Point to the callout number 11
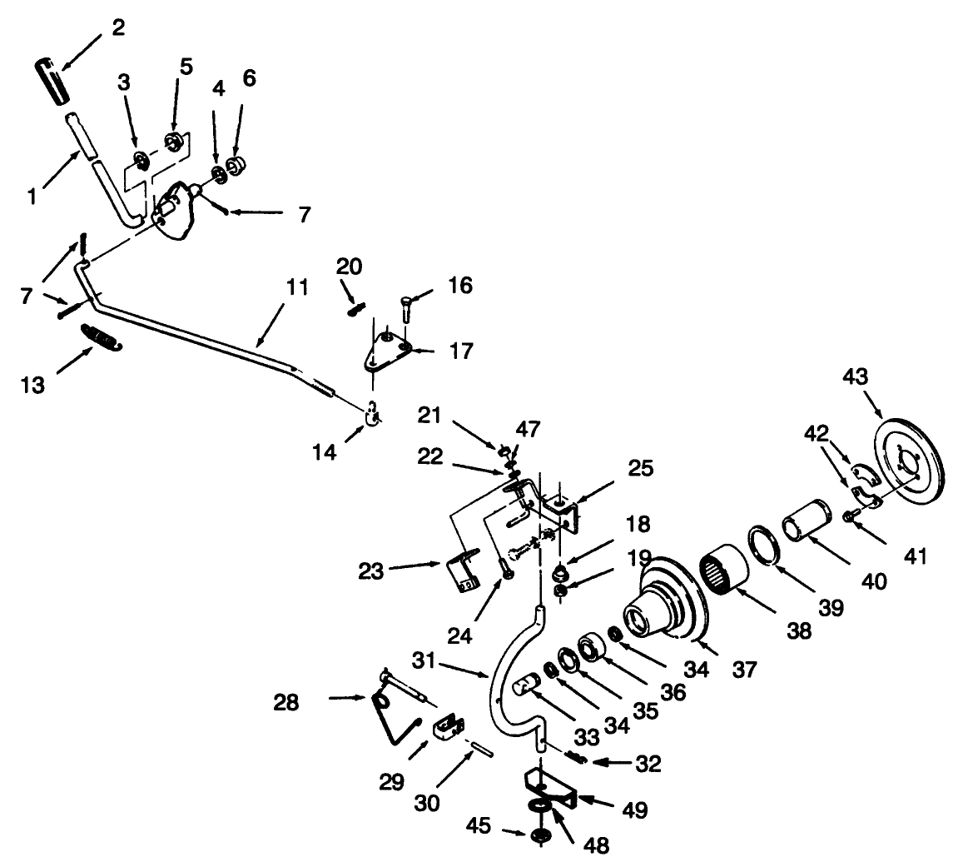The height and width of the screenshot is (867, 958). [x=297, y=289]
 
